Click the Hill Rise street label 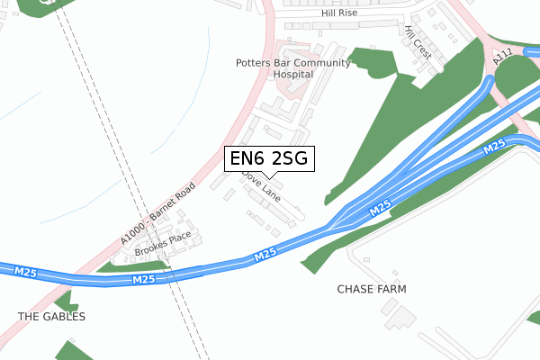pos(339,14)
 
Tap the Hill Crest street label pos(418,42)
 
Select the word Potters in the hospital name pos(255,63)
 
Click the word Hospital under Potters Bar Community pos(292,75)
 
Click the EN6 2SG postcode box pos(269,159)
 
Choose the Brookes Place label pos(163,246)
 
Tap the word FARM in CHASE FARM pos(391,290)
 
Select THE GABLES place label pos(52,317)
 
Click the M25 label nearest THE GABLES pos(25,271)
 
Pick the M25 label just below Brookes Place pos(145,280)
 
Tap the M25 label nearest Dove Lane pos(265,256)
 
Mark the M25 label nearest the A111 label pos(493,147)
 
